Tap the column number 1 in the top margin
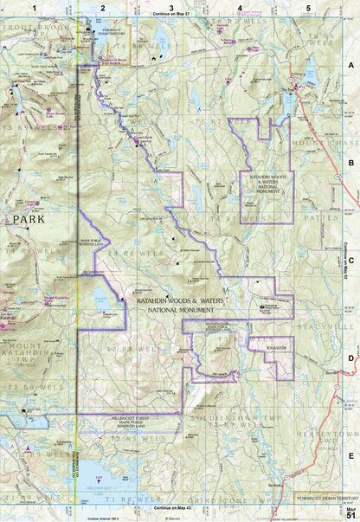[34, 7]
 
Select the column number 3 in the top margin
[171, 7]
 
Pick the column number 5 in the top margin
[308, 7]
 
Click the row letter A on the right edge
[351, 65]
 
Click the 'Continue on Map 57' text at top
[172, 16]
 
